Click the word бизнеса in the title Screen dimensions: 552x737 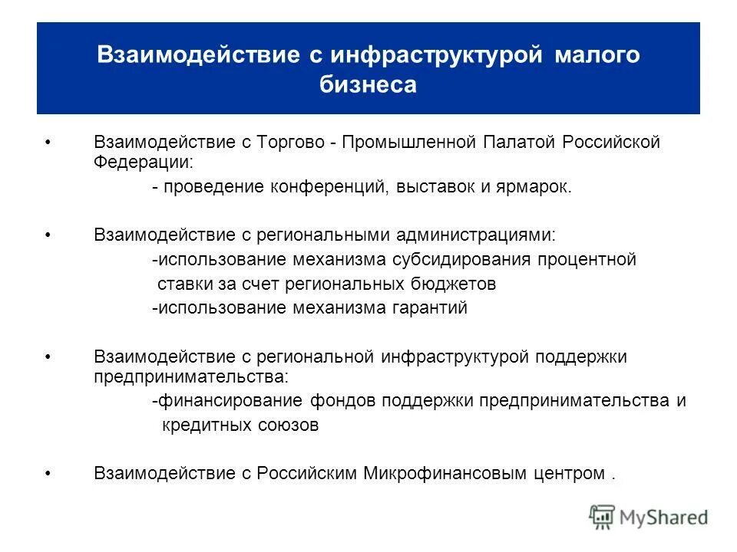pos(368,84)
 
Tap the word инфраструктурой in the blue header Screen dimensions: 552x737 pos(436,55)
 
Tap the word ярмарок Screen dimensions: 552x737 pos(540,188)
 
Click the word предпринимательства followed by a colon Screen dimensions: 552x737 pos(190,376)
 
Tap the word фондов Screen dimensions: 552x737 pos(344,401)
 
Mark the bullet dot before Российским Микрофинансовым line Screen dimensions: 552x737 pos(49,474)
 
